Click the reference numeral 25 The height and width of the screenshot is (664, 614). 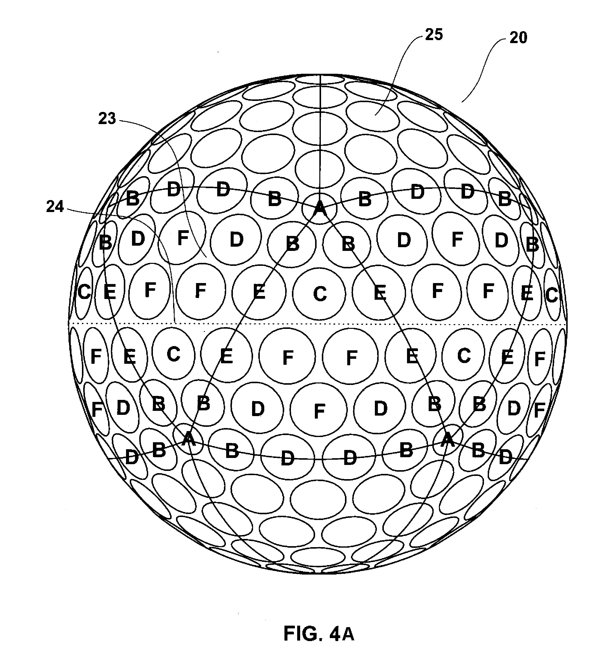434,35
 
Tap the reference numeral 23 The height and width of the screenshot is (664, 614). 107,119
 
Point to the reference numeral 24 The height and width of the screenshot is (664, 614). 55,207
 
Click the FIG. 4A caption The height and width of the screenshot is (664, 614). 319,634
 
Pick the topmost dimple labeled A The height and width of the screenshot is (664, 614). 319,208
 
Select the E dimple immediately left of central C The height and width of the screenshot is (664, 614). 259,292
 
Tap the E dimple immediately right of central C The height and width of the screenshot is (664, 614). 379,293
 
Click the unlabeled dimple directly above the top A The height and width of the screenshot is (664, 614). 320,170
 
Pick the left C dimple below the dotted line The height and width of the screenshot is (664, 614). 173,354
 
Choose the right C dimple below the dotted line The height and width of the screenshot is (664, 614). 464,356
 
